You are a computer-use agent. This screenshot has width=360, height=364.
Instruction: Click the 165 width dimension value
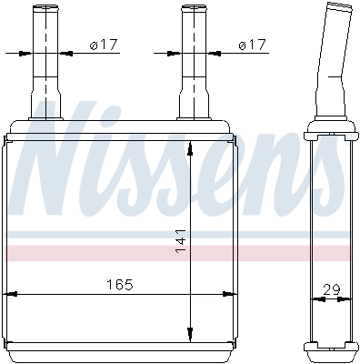coord(118,285)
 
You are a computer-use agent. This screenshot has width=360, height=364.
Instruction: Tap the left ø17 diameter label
coord(105,45)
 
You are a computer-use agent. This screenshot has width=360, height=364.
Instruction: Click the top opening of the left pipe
coord(45,8)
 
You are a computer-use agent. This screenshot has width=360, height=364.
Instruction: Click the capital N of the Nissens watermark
coord(59,168)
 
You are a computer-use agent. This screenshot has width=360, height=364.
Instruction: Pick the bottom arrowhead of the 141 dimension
coord(189,334)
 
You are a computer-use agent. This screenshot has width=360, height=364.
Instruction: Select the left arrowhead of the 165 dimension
coord(11,295)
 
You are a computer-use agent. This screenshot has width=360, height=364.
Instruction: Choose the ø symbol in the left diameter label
coord(95,45)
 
